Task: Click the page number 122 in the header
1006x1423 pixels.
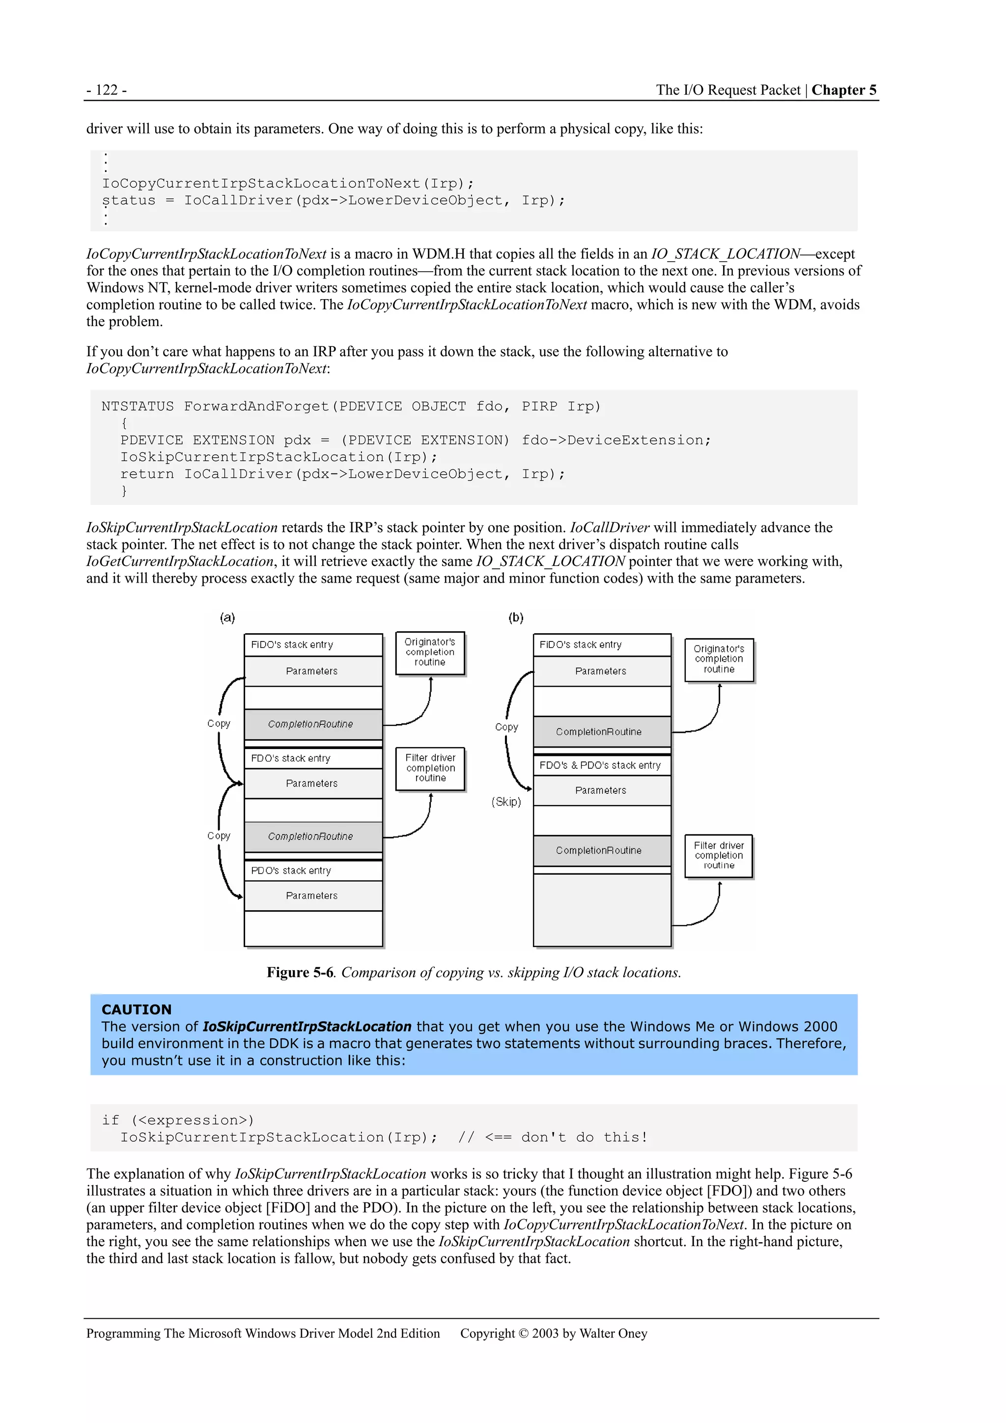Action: pyautogui.click(x=107, y=90)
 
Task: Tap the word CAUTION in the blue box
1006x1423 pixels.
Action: pyautogui.click(x=137, y=1009)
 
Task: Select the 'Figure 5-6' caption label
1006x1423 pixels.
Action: pyautogui.click(x=300, y=973)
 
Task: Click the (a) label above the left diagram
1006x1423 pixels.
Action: pyautogui.click(x=227, y=617)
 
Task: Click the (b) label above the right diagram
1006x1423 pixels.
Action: pyautogui.click(x=516, y=617)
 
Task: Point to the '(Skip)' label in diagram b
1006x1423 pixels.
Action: pyautogui.click(x=506, y=802)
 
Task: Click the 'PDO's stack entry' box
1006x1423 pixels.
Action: pyautogui.click(x=313, y=871)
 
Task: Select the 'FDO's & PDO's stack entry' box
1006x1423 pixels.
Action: pyautogui.click(x=602, y=765)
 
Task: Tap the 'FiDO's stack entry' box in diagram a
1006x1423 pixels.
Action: pyautogui.click(x=313, y=644)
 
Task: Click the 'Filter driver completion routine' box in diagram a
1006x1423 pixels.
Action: pyautogui.click(x=430, y=769)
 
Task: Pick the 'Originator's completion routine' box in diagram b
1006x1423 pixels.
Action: pyautogui.click(x=719, y=660)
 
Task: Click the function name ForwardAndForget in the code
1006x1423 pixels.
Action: pyautogui.click(x=256, y=407)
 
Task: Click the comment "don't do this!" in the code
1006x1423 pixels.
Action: pyautogui.click(x=584, y=1137)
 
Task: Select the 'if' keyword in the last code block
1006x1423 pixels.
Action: pyautogui.click(x=111, y=1120)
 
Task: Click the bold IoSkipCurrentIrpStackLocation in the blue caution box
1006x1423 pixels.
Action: pyautogui.click(x=307, y=1027)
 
